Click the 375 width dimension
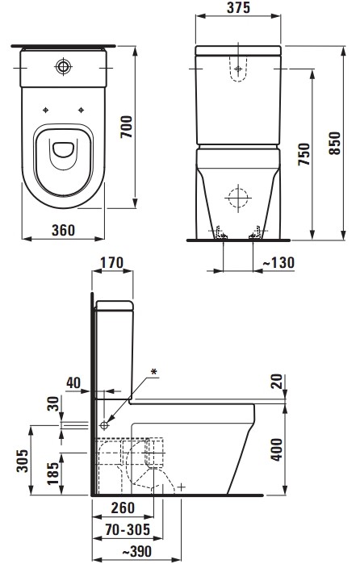point(238,8)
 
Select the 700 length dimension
point(127,127)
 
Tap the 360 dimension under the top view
point(63,230)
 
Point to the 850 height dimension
point(335,143)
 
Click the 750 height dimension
point(303,154)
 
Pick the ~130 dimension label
point(278,262)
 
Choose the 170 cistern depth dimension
point(111,263)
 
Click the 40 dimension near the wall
point(73,382)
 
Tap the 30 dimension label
point(53,403)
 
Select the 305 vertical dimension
point(23,461)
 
